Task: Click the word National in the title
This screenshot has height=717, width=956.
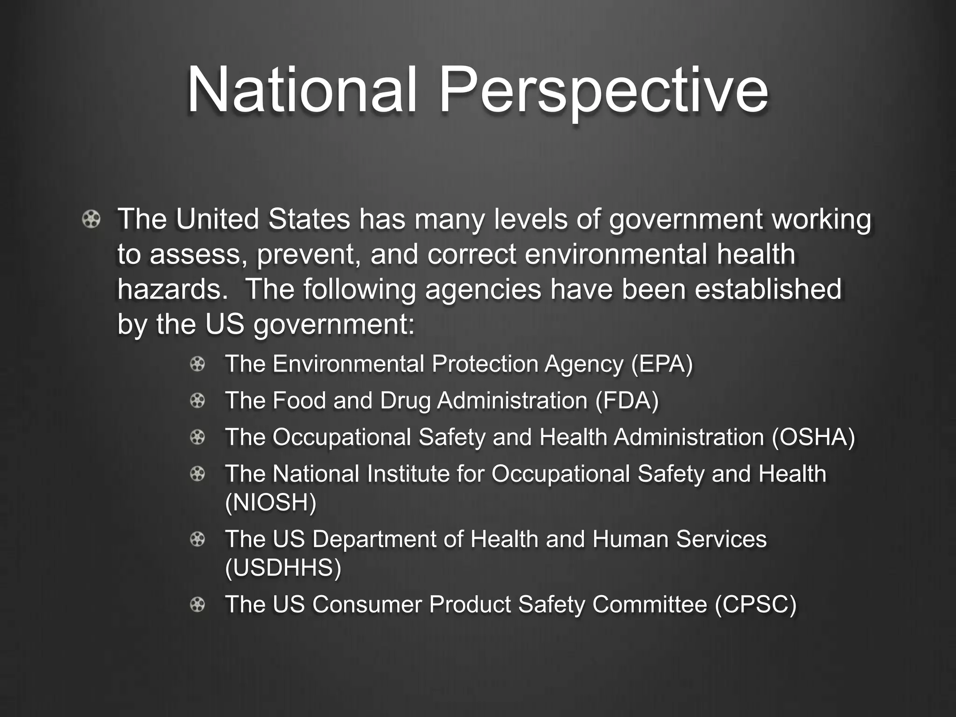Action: pos(301,90)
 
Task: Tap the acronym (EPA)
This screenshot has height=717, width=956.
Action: pos(662,364)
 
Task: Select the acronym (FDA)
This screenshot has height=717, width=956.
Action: pos(627,401)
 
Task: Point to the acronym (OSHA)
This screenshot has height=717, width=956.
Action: pos(813,437)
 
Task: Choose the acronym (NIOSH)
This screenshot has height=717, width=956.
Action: pos(271,502)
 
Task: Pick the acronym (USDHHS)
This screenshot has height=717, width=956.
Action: pos(283,568)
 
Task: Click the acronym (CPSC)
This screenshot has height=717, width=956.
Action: pos(755,605)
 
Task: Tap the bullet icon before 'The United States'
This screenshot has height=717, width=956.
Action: pos(91,219)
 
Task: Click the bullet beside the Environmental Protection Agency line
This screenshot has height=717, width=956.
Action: pos(197,364)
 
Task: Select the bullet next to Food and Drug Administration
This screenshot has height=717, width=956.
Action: pos(197,401)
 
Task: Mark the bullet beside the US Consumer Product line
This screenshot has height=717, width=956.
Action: pos(197,605)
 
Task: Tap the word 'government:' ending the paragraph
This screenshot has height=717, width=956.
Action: pos(334,325)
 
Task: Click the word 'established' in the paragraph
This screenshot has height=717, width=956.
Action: pos(768,289)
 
